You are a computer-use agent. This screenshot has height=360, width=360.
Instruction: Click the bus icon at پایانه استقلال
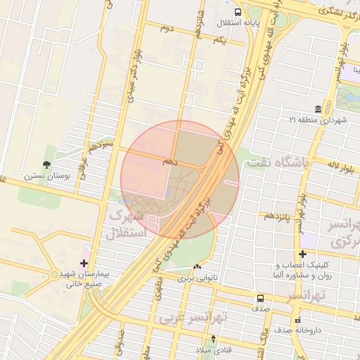tap(238, 12)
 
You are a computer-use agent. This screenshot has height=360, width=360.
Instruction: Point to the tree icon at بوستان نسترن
tap(47, 165)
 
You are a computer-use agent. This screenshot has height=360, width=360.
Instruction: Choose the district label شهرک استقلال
tap(127, 223)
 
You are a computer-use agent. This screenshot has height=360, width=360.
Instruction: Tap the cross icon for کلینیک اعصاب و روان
tap(302, 254)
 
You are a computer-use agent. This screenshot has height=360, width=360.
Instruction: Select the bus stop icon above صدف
tap(261, 298)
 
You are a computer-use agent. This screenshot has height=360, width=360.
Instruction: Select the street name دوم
tap(166, 29)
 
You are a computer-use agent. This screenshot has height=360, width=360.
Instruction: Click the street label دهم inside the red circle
tap(169, 161)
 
